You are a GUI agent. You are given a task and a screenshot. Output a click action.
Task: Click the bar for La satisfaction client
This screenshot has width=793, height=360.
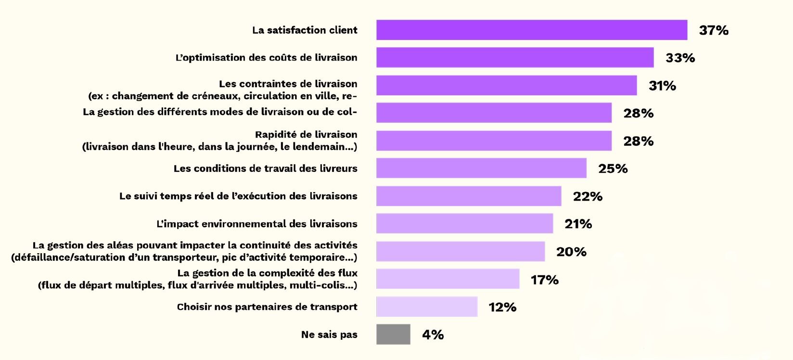coord(531,30)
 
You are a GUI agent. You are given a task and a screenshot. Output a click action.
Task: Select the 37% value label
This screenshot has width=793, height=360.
coord(714,30)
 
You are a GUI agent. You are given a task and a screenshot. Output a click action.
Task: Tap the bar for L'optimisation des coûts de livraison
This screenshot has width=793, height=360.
coord(515,57)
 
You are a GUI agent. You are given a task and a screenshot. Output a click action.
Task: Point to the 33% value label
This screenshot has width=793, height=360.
coord(680,58)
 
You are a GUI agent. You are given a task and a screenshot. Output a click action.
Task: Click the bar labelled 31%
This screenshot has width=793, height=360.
coord(506,85)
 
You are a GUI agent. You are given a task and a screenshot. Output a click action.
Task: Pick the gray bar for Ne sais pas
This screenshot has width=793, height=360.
coord(393,334)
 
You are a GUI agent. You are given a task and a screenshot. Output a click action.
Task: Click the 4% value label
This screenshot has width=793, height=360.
coord(433,334)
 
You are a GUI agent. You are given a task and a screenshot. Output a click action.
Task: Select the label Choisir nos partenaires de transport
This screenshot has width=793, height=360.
coord(267,307)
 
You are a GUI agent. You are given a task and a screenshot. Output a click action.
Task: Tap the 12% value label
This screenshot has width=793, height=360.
coord(502,307)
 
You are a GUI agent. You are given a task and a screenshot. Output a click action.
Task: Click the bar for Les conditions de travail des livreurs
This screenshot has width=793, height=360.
coord(481,168)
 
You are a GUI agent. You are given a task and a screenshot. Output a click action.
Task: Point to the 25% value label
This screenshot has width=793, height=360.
coord(613,168)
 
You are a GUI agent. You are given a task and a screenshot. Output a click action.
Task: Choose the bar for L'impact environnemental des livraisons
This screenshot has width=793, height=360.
coord(464,224)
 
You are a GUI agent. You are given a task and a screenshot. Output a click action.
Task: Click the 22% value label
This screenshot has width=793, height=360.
coord(588,196)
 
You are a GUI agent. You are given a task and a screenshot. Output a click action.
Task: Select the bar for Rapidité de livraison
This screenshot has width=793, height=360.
coord(494,141)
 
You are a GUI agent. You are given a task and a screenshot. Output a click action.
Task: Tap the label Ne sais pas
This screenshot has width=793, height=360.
coord(329,334)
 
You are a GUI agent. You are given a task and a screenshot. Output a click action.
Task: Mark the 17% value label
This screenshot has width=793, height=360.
coord(544,280)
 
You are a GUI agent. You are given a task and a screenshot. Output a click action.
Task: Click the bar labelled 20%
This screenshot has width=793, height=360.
coord(460,251)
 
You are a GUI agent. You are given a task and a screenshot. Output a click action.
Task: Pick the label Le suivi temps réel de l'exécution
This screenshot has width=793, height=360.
coord(238,196)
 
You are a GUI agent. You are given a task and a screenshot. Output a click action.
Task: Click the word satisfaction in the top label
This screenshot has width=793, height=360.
coord(296,30)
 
